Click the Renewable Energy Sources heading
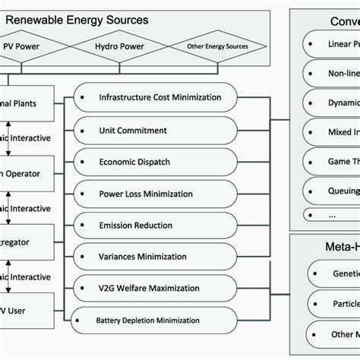coord(87,20)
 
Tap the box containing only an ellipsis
coord(331,215)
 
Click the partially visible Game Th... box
coord(331,161)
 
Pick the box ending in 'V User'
coord(27,309)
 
